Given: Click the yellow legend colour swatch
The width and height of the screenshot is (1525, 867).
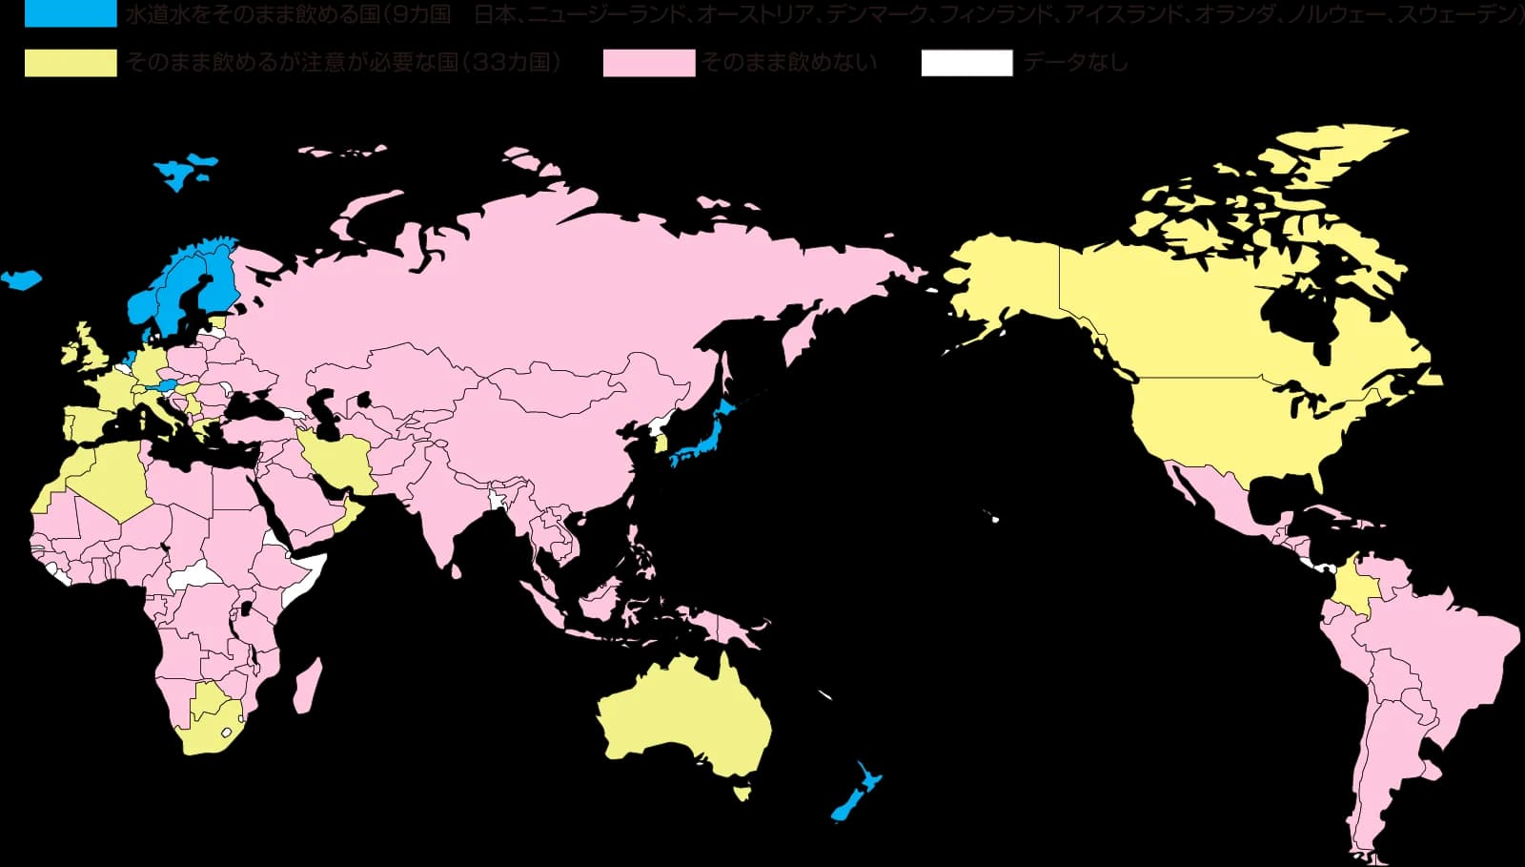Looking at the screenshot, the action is point(70,63).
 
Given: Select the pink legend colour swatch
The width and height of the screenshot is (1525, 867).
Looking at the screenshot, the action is point(648,63).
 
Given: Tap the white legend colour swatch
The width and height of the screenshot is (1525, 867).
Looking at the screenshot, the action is point(966,63).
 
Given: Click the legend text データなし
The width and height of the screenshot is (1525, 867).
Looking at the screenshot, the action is point(1074,63).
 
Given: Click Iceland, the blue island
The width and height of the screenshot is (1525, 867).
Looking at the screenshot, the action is point(21,279).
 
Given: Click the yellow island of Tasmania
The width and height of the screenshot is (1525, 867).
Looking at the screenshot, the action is point(741,793).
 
